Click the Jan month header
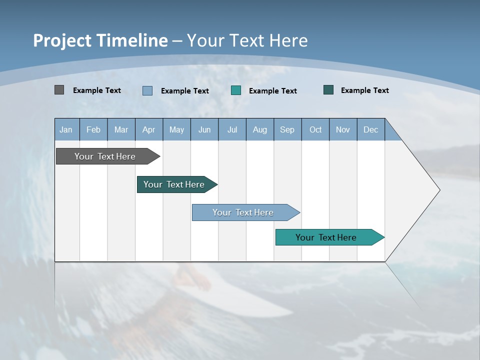pyautogui.click(x=66, y=129)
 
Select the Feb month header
pyautogui.click(x=93, y=129)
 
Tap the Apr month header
pyautogui.click(x=148, y=129)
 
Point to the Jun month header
pyautogui.click(x=204, y=129)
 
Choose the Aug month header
pyautogui.click(x=260, y=129)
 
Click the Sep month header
pyautogui.click(x=287, y=129)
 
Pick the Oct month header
pyautogui.click(x=315, y=129)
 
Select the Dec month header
pyautogui.click(x=371, y=129)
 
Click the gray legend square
pyautogui.click(x=59, y=90)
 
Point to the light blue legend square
pyautogui.click(x=147, y=90)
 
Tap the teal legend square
pyautogui.click(x=236, y=90)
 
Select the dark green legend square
pyautogui.click(x=328, y=90)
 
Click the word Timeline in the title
pyautogui.click(x=132, y=40)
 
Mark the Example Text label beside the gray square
pyautogui.click(x=97, y=90)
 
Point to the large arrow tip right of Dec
pyautogui.click(x=425, y=190)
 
